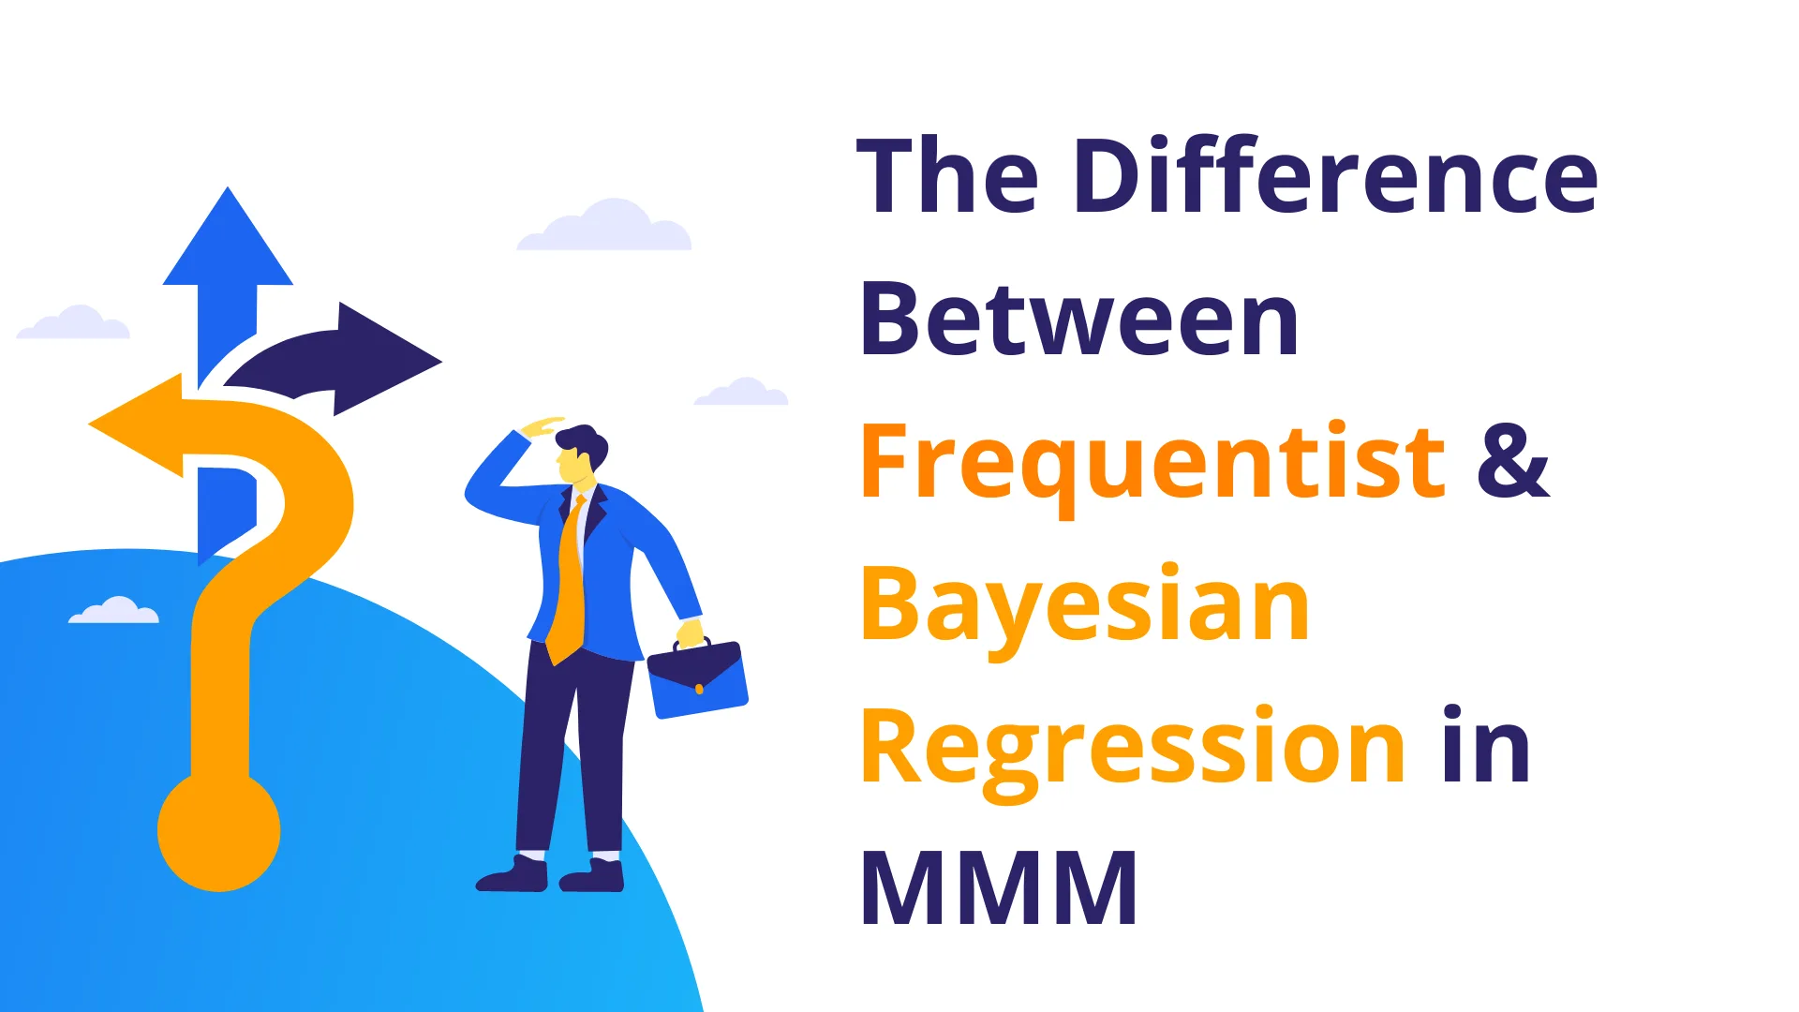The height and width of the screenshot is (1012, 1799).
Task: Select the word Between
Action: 1078,320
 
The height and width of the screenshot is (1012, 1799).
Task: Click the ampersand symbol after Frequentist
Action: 1513,461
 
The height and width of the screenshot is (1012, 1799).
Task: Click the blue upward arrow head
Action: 228,240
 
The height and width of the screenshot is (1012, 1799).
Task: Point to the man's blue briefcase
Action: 698,678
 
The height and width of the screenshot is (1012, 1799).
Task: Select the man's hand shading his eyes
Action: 543,426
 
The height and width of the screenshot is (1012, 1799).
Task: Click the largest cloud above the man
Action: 604,226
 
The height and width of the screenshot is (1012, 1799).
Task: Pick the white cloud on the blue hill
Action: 114,610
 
